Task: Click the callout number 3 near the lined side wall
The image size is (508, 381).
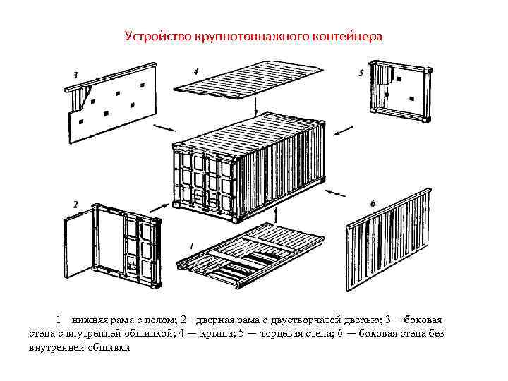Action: pos(75,73)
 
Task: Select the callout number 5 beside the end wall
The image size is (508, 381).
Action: pos(361,73)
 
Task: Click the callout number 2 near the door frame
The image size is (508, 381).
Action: pos(75,205)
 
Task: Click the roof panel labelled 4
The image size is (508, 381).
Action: pos(250,85)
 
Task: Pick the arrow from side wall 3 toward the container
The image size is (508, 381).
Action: pos(164,128)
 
